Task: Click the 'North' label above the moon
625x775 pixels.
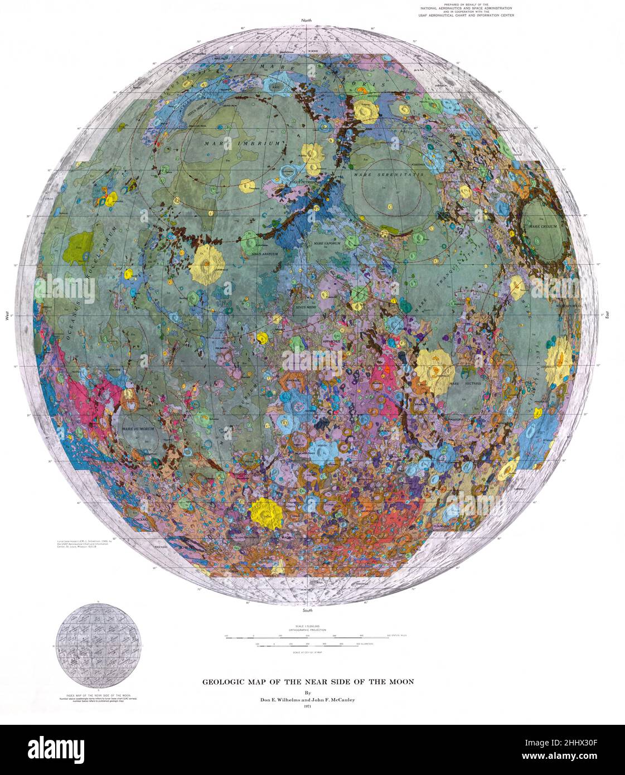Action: point(307,21)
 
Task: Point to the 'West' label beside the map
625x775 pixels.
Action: point(8,316)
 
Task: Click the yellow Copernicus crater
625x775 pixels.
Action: point(207,264)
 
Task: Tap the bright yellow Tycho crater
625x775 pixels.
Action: point(265,512)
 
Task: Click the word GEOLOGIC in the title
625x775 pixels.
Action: point(221,681)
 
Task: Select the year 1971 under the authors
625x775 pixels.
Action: point(307,707)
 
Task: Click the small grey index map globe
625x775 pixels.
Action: point(98,646)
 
